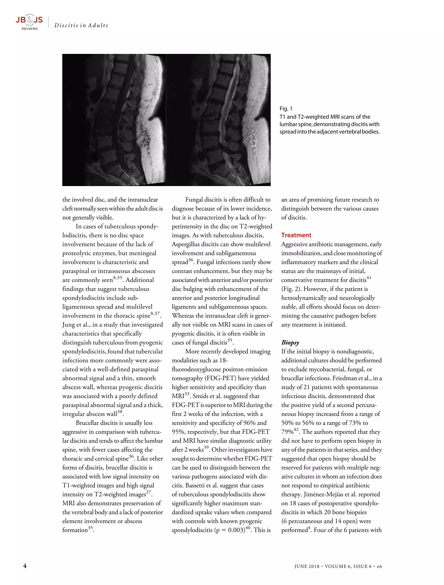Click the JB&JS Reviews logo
[x=29, y=22]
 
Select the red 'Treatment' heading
[x=296, y=235]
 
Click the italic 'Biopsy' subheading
[x=290, y=343]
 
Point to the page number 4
[x=25, y=566]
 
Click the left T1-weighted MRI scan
[x=114, y=120]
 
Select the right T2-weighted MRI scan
[x=218, y=120]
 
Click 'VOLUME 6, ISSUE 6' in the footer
[x=348, y=566]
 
